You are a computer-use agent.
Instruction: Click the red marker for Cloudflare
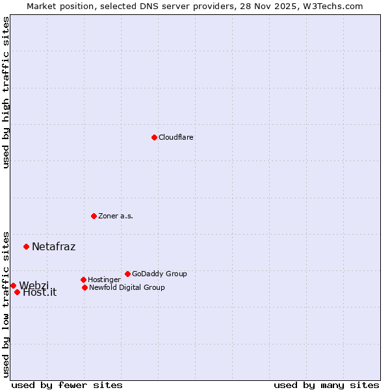click(x=154, y=137)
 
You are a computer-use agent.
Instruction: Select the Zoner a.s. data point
click(x=94, y=216)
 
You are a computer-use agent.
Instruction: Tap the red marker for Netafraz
click(x=26, y=246)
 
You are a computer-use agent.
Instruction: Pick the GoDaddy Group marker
click(x=127, y=274)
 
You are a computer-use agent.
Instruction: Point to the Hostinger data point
click(x=83, y=279)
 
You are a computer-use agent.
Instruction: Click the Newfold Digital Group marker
click(x=84, y=287)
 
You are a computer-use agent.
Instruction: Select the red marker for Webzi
click(x=13, y=285)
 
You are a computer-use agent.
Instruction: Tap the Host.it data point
click(x=17, y=292)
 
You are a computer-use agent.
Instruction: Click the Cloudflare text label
click(x=176, y=138)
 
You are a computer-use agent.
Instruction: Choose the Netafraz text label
click(x=53, y=247)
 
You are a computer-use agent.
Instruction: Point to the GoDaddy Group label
click(x=159, y=274)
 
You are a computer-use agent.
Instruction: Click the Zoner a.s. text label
click(x=116, y=216)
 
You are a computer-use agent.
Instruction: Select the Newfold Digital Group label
click(x=127, y=288)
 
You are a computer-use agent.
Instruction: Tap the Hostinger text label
click(x=104, y=280)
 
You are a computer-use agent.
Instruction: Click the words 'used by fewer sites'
click(x=67, y=385)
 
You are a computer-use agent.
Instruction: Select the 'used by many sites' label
click(x=326, y=385)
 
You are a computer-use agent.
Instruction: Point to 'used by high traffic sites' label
click(x=6, y=92)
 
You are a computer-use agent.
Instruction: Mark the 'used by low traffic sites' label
click(x=6, y=304)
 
